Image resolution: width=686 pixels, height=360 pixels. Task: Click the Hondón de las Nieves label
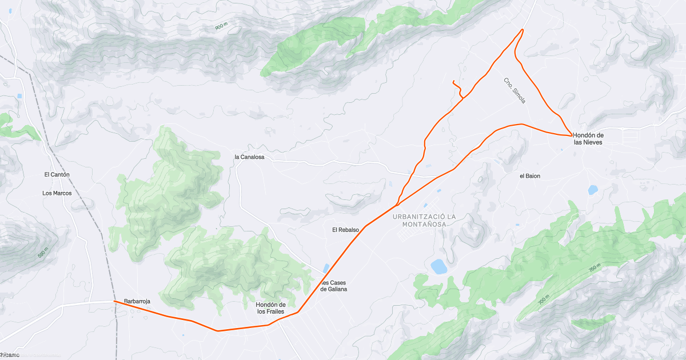point(588,138)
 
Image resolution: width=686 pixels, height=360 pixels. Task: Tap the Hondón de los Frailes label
point(271,308)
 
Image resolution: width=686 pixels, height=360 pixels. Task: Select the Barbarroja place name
point(137,301)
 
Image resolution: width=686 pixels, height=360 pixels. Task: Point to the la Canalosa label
point(249,157)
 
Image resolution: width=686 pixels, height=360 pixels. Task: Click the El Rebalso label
point(345,230)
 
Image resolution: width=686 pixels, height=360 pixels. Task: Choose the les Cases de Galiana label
point(334,286)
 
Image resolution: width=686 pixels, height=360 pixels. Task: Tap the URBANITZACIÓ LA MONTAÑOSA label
point(424,221)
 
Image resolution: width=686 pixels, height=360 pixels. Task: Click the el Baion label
point(529,176)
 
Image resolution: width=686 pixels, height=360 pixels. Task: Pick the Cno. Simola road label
point(514,90)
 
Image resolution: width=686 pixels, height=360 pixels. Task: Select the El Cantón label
point(57,174)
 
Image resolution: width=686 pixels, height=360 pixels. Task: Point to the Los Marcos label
point(57,193)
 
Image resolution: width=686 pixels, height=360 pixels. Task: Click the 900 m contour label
point(222,27)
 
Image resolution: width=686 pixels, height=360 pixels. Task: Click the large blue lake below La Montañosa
point(438,266)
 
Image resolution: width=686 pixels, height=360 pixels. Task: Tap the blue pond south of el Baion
point(593,190)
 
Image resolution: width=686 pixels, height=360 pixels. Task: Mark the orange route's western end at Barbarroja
point(115,301)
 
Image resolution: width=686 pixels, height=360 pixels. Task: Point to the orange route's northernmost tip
point(523,29)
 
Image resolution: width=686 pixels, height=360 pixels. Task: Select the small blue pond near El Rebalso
point(326,268)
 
